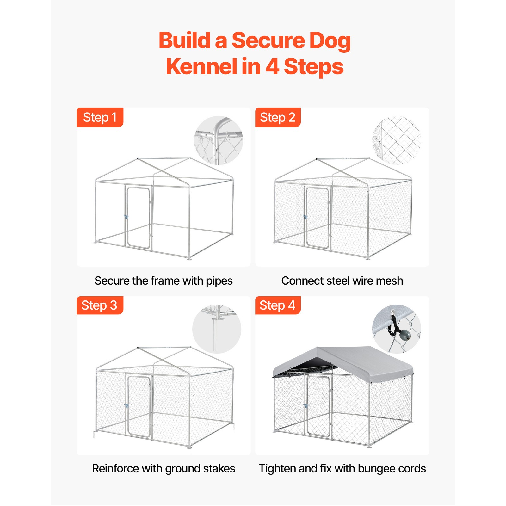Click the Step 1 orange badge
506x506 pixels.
[x=100, y=117]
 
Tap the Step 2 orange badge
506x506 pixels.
[x=278, y=117]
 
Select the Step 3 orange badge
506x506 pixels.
[x=100, y=305]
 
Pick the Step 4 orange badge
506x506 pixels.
[x=278, y=305]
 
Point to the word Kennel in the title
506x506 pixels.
[x=201, y=67]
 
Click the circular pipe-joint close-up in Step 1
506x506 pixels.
[x=219, y=140]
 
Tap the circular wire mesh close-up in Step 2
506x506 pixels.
[x=397, y=140]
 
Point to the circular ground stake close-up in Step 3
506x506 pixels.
[x=217, y=329]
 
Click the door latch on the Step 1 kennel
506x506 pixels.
[x=126, y=217]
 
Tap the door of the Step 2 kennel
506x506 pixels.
[x=317, y=217]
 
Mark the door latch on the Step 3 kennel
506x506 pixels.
[x=126, y=405]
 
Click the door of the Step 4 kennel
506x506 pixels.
[x=318, y=405]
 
